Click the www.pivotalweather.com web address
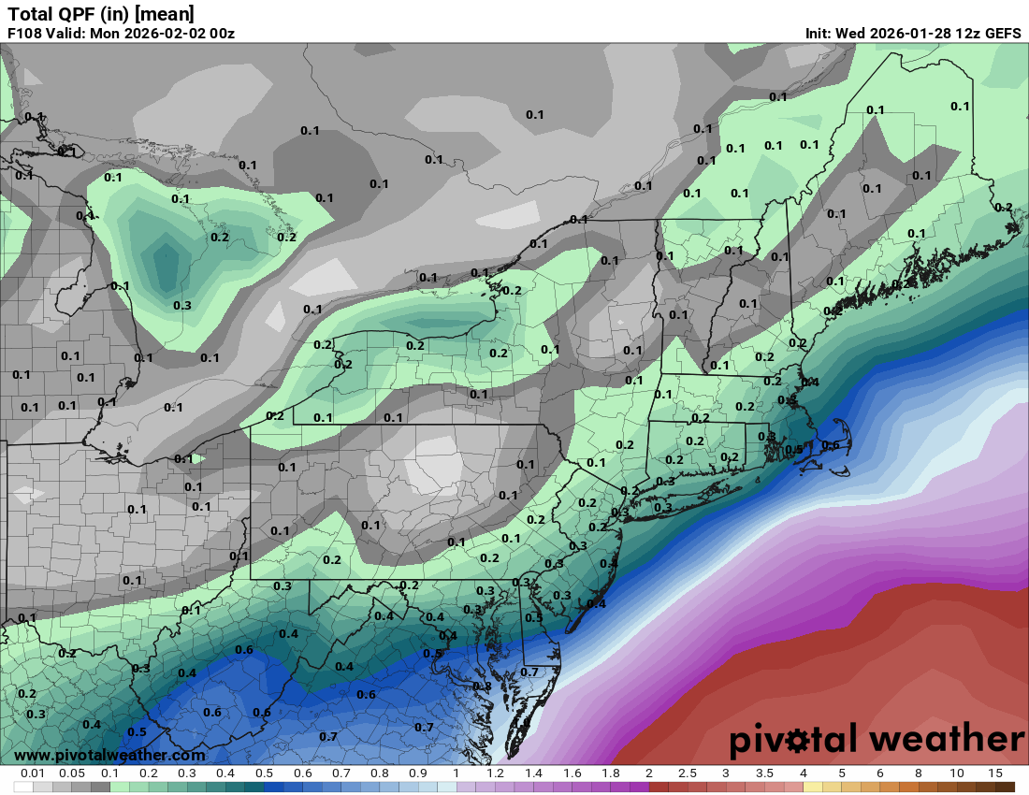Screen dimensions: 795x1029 (x=109, y=755)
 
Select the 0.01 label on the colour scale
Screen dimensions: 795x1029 (x=33, y=773)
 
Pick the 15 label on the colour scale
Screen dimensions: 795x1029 (x=994, y=773)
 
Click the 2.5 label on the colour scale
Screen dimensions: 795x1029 (x=688, y=773)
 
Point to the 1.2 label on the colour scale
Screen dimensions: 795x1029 (x=495, y=773)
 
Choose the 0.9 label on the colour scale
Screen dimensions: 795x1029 (x=418, y=773)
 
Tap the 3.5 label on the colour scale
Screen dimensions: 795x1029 (x=764, y=773)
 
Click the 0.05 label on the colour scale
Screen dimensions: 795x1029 (x=71, y=773)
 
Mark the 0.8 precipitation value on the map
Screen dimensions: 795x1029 (x=482, y=686)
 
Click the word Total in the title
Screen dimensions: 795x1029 (x=28, y=14)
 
